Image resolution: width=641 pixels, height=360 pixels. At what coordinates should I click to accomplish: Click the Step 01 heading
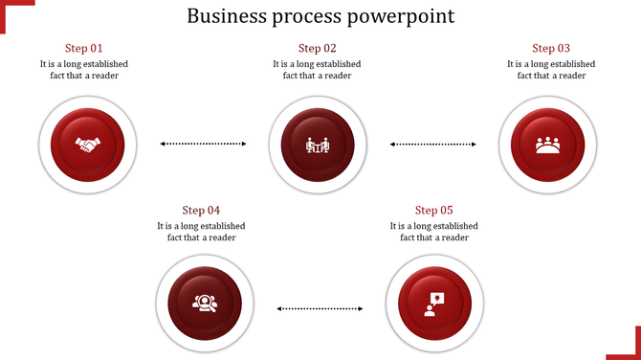coord(83,48)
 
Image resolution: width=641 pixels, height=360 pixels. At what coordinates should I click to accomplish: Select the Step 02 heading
coord(317,48)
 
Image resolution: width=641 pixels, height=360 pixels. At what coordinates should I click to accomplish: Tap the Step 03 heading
coord(551,48)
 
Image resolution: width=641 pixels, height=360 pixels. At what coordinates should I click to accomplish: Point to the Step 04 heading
coord(201,211)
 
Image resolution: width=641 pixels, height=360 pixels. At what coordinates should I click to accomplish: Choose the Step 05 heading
coord(433,211)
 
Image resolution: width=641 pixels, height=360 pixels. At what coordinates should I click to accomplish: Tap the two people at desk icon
coord(317,146)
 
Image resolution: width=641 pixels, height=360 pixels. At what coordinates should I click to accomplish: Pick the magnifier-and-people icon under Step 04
coord(203,304)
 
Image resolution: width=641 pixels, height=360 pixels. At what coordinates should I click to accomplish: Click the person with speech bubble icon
coord(433,304)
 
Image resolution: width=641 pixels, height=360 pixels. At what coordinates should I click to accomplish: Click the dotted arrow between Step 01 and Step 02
coord(203,144)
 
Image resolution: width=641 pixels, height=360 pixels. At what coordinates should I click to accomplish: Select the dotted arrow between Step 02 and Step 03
coord(433,144)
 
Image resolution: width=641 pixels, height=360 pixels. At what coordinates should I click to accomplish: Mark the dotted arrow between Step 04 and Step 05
coord(320,308)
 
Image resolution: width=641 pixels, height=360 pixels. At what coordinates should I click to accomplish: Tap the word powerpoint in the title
coord(402,16)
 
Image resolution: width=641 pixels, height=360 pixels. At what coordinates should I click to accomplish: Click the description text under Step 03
coord(551,70)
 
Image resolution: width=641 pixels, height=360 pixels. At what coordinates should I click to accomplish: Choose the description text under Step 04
coord(201,232)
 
